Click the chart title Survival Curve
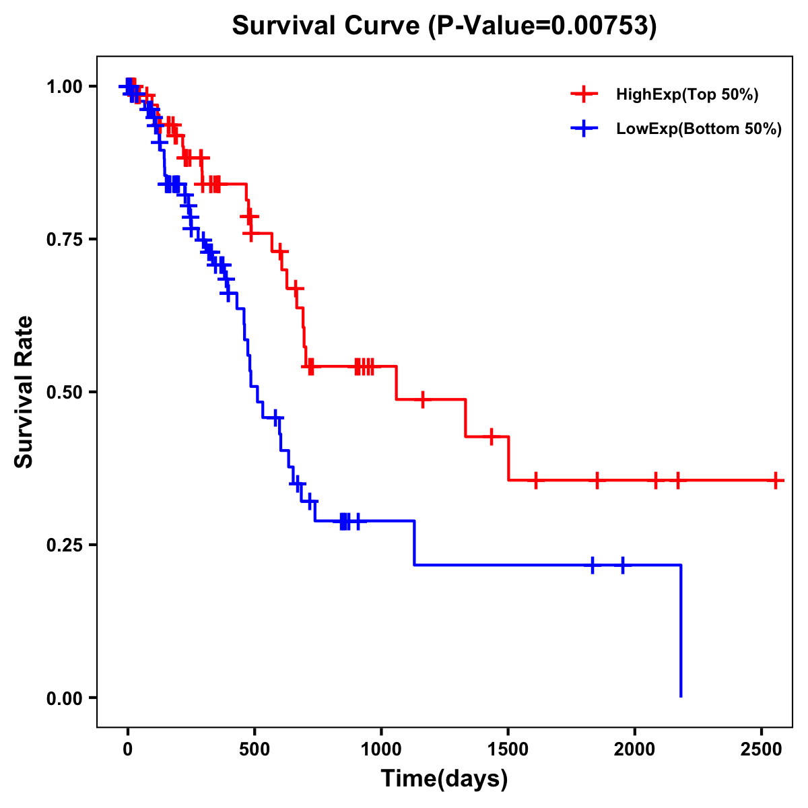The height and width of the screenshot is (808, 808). pyautogui.click(x=327, y=26)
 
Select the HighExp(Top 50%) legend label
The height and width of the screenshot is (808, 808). pyautogui.click(x=687, y=95)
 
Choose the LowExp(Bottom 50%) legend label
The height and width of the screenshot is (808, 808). pyautogui.click(x=699, y=129)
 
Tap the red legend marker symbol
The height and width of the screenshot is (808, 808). pyautogui.click(x=584, y=95)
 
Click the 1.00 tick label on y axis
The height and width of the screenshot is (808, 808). pyautogui.click(x=64, y=87)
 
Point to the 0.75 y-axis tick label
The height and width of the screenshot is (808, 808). pyautogui.click(x=64, y=240)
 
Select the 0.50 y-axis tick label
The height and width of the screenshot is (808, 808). pyautogui.click(x=64, y=393)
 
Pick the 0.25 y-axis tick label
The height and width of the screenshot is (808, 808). pyautogui.click(x=64, y=545)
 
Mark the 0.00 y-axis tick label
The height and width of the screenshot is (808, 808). pyautogui.click(x=64, y=698)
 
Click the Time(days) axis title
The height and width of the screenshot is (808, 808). pyautogui.click(x=444, y=779)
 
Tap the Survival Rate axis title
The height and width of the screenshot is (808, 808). pyautogui.click(x=24, y=392)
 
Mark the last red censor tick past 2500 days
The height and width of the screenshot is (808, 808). pyautogui.click(x=776, y=481)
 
